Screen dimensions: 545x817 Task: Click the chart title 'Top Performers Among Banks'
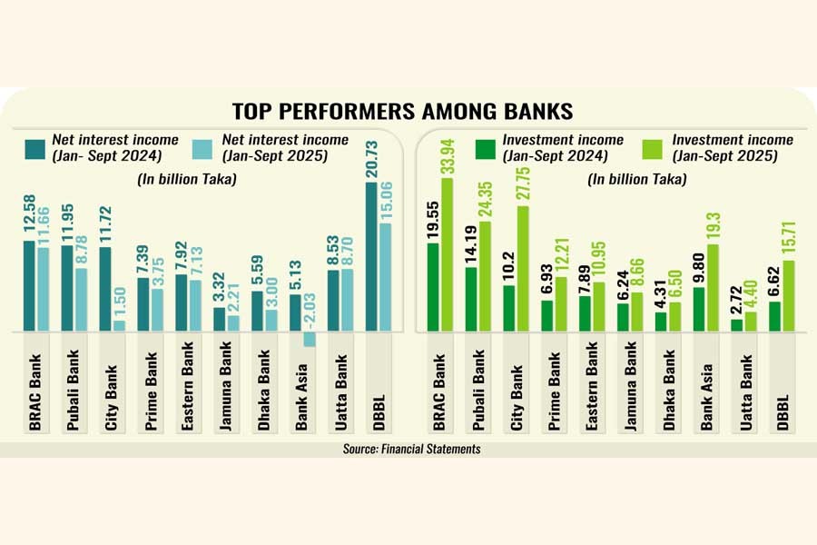[402, 112]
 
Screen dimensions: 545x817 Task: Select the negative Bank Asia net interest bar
[309, 338]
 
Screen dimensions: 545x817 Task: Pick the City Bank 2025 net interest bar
[119, 324]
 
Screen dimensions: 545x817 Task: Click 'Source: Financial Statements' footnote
[405, 449]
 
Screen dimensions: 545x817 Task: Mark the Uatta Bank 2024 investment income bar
[736, 324]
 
